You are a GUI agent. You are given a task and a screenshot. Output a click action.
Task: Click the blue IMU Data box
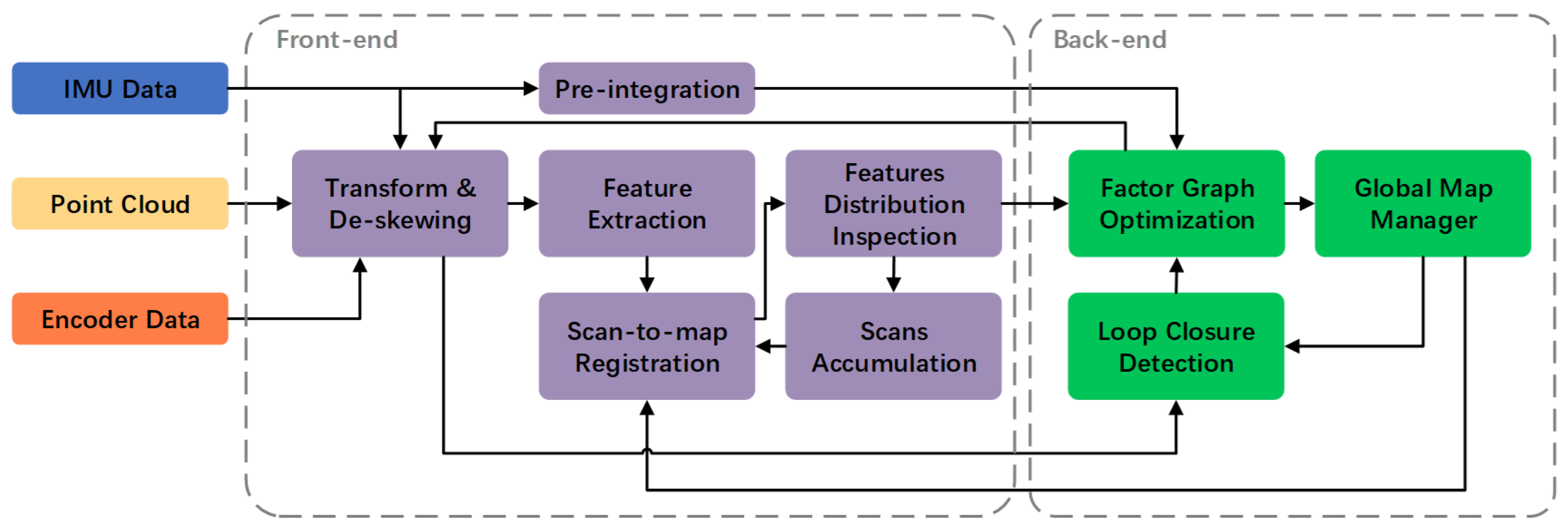[x=120, y=88]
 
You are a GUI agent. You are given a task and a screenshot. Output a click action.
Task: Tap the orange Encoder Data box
[x=120, y=319]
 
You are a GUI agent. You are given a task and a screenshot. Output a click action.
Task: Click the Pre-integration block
[x=646, y=88]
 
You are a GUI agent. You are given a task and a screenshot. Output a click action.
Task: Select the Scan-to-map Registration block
[x=646, y=346]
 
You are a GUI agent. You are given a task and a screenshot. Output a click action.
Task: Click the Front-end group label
[x=337, y=40]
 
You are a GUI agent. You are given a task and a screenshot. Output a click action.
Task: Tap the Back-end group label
[x=1110, y=40]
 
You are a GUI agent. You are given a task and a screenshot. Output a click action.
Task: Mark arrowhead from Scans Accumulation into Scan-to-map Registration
[x=763, y=347]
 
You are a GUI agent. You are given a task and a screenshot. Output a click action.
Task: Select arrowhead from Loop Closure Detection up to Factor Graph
[x=1177, y=266]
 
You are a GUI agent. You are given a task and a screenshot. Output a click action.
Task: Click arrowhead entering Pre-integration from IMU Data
[x=531, y=88]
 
